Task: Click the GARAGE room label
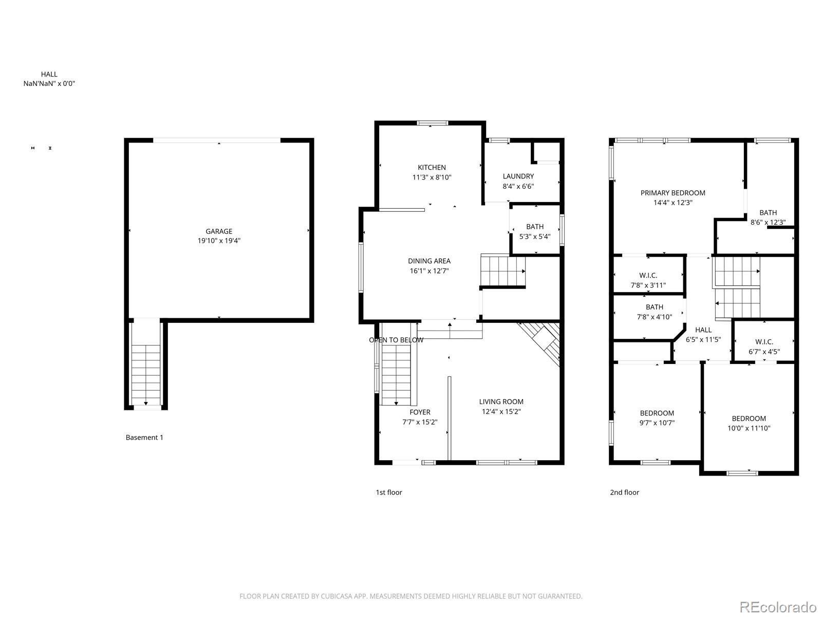pos(219,231)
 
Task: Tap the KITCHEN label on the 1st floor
pos(432,167)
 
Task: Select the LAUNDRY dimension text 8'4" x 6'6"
pos(518,186)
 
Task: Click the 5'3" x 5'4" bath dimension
pos(535,237)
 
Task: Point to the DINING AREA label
pos(429,261)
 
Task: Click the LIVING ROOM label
pos(501,402)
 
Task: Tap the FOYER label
pos(420,412)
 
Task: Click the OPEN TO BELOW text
pos(396,340)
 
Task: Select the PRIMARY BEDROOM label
pos(672,193)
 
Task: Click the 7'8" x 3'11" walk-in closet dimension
pos(648,285)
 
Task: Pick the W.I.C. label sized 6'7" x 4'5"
pos(764,342)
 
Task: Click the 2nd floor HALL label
pos(703,330)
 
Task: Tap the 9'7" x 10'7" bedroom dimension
pos(657,423)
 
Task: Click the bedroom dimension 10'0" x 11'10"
pos(749,428)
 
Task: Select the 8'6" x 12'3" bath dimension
pos(768,223)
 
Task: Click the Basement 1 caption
pos(144,438)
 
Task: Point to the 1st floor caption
pos(388,493)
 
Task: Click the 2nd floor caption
pos(624,493)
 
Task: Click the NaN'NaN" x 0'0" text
pos(49,84)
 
